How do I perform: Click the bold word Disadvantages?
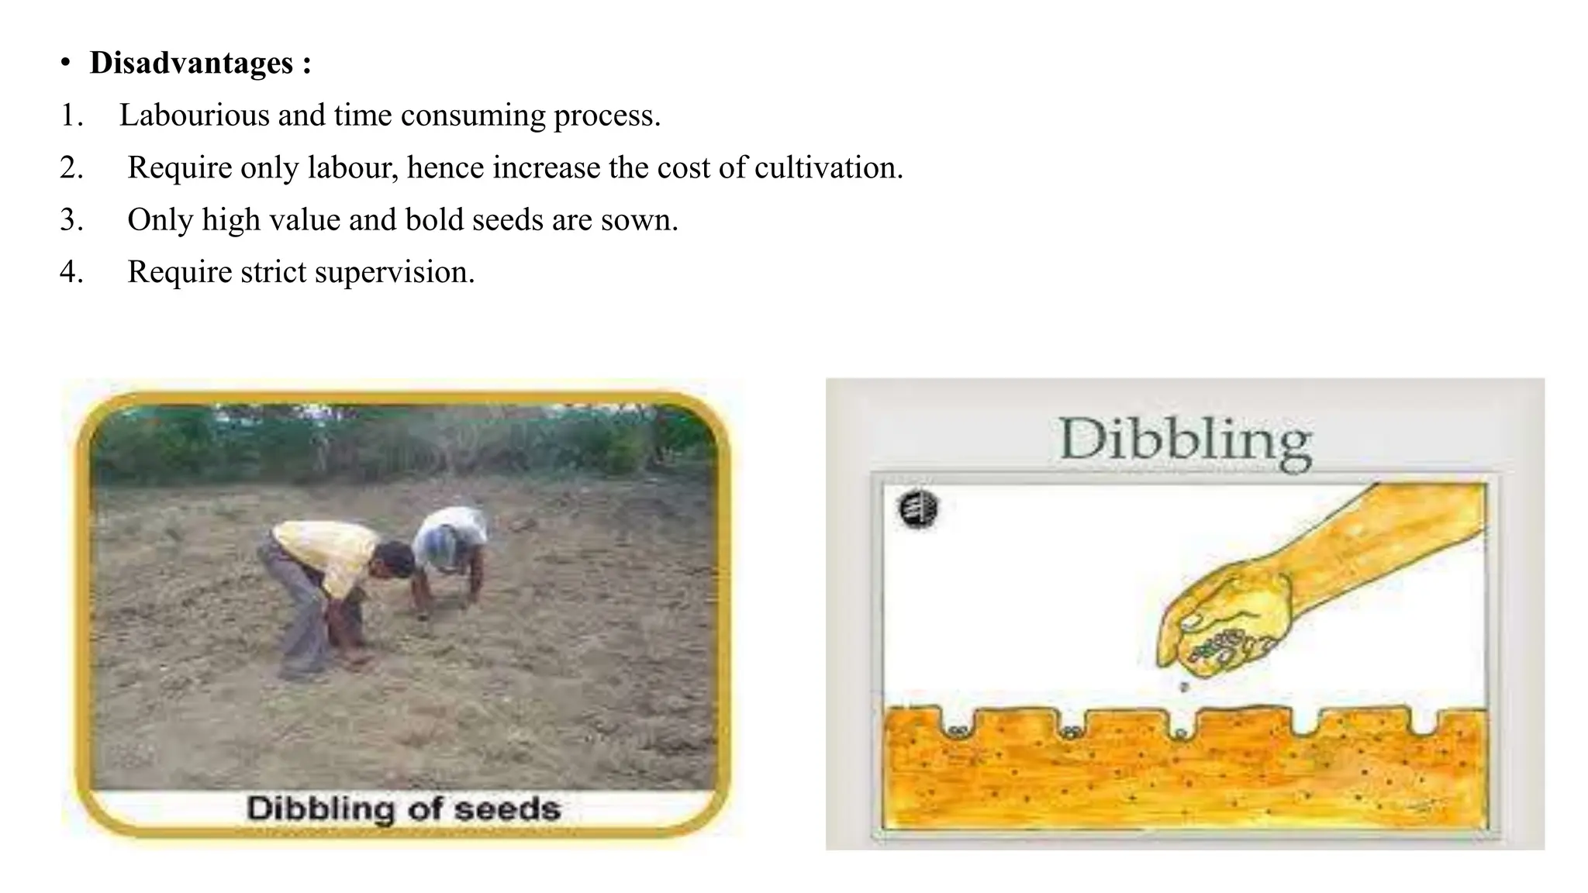191,63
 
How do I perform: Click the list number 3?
71,220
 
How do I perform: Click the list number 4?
71,272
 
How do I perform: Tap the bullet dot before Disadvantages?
66,64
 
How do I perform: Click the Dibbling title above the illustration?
1185,441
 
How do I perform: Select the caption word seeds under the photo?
507,809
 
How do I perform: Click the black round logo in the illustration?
918,510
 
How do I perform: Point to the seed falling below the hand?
1183,687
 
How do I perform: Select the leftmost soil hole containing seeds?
958,729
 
